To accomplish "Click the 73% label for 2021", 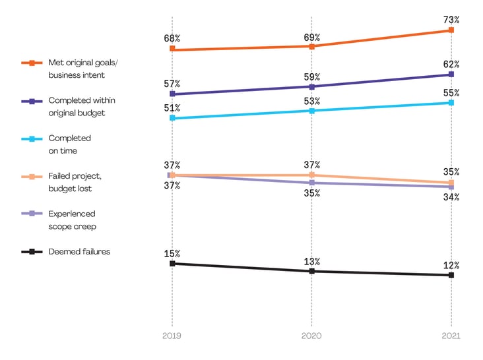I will coord(451,20).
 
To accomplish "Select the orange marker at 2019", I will coord(172,49).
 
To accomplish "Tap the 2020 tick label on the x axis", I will coord(311,336).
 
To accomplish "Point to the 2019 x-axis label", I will coord(172,336).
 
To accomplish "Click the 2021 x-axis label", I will coord(451,336).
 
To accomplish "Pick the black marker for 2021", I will coord(451,275).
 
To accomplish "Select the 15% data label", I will coord(172,254).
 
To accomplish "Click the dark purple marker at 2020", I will coord(311,86).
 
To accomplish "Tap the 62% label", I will coord(451,65).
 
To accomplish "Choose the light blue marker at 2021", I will coord(451,103).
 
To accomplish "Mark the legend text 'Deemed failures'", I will coord(79,251).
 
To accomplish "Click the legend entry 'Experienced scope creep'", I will coord(72,220).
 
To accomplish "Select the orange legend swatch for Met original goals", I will coord(32,63).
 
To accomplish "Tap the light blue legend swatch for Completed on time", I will coord(32,139).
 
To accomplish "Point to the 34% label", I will coord(451,197).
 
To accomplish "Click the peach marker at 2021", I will coord(451,183).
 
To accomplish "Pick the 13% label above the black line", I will coord(311,261).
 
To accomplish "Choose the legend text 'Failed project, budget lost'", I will coord(74,183).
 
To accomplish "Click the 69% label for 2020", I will coord(311,38).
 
